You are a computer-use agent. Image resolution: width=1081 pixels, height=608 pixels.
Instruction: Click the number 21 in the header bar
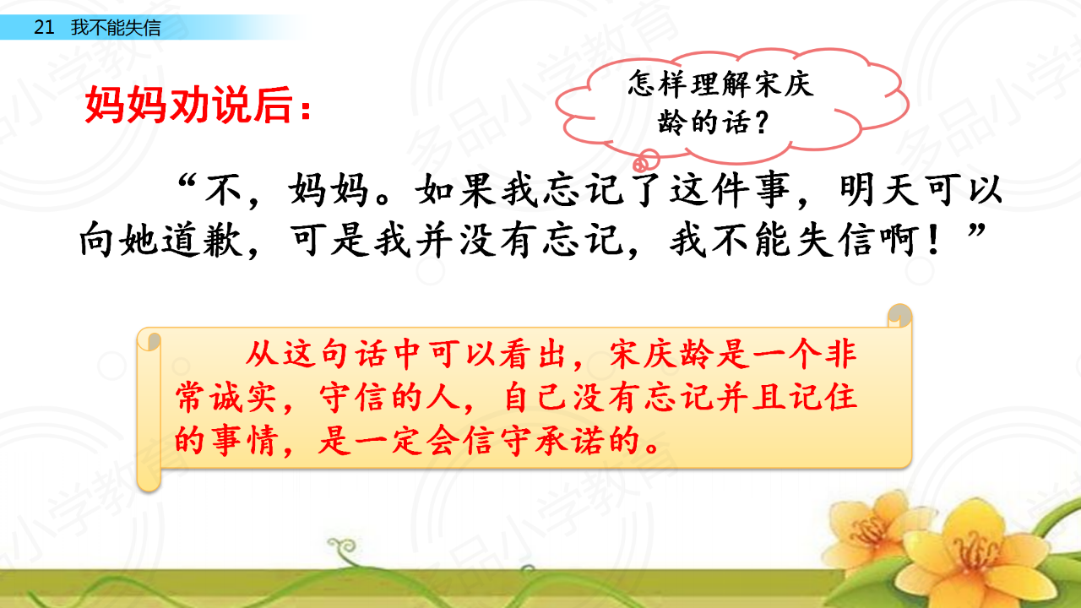click(44, 27)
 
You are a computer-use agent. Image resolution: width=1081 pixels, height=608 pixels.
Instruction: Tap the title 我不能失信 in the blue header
click(116, 27)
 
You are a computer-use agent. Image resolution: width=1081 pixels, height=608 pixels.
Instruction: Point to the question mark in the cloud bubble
click(762, 123)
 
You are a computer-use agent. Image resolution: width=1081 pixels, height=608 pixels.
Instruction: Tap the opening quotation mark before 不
click(187, 182)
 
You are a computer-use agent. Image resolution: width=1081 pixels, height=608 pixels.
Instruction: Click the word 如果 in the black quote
click(456, 190)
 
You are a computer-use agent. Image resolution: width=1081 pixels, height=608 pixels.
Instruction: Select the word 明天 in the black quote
click(880, 190)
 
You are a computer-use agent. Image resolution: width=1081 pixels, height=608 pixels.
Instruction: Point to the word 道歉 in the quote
click(201, 240)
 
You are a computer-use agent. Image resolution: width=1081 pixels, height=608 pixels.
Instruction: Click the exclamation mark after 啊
click(934, 240)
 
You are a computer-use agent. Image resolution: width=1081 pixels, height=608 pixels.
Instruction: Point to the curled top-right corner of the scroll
click(899, 315)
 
